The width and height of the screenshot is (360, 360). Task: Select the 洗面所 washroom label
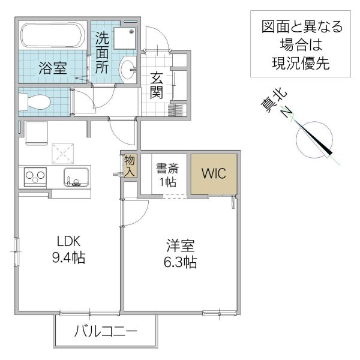click(x=103, y=53)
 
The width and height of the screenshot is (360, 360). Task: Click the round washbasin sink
click(x=128, y=68)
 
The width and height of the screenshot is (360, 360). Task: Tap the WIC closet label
click(x=213, y=174)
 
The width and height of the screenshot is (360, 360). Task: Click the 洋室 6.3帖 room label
click(x=181, y=254)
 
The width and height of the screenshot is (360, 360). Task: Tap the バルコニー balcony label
click(x=106, y=331)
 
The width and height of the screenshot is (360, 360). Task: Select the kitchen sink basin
click(x=77, y=178)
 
